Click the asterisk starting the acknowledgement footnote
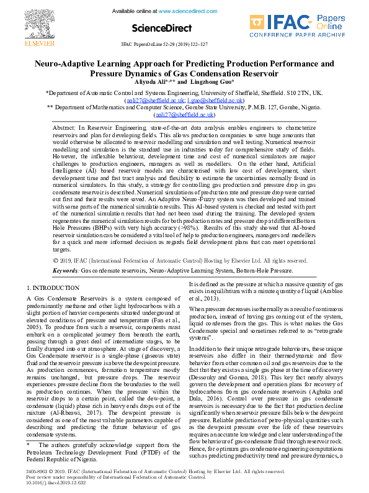pyautogui.click(x=29, y=444)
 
